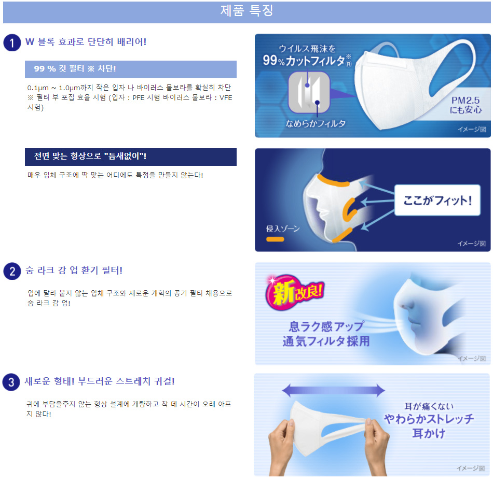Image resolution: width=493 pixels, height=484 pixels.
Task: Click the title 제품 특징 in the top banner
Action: point(246,11)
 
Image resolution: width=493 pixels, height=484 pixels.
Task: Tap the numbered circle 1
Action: point(12,42)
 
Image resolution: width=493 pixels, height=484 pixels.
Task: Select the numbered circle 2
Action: point(12,271)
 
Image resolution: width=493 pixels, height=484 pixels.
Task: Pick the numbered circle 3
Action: point(11,382)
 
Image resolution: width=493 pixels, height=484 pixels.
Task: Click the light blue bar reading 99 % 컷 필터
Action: point(131,69)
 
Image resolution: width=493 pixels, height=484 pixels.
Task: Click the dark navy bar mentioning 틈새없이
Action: point(131,157)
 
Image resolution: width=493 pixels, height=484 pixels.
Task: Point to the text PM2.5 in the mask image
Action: point(465,101)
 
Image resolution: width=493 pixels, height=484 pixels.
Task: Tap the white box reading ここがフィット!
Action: point(437,200)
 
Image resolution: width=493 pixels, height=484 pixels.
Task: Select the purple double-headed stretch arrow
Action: point(334,390)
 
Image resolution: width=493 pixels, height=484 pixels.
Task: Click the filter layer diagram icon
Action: point(309,92)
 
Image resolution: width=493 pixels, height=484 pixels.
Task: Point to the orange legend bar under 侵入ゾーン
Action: point(275,239)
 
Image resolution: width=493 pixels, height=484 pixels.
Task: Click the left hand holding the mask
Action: point(281,446)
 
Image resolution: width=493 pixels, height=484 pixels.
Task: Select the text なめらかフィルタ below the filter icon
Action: point(316,123)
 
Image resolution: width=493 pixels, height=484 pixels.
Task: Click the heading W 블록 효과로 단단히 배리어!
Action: point(86,42)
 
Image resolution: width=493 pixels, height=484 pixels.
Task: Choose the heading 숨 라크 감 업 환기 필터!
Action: point(74,271)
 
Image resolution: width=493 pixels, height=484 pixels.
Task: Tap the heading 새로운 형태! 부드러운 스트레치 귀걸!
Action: point(100,381)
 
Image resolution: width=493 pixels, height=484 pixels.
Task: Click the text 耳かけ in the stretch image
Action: point(429,433)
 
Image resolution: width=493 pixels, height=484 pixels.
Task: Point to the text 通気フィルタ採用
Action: point(326,341)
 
